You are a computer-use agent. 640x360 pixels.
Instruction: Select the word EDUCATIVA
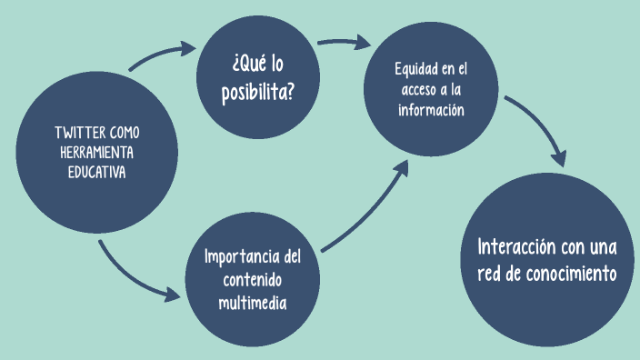pos(95,170)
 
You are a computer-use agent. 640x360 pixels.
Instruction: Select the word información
pos(432,110)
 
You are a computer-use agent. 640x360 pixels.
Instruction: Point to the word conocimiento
pos(571,273)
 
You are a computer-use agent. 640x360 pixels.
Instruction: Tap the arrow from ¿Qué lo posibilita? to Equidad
pos(344,42)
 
